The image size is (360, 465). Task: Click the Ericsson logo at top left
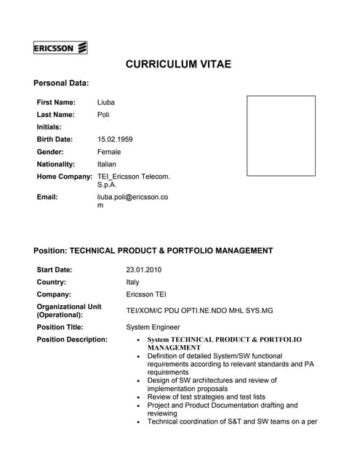point(60,49)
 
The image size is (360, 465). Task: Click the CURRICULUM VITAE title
point(178,65)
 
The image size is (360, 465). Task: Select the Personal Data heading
point(61,84)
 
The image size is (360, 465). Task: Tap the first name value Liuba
point(106,102)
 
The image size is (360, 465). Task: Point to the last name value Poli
point(104,115)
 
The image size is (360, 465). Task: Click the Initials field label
point(49,127)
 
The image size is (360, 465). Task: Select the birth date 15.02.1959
point(115,139)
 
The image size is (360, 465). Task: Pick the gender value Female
point(109,152)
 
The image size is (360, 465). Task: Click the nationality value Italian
point(107,164)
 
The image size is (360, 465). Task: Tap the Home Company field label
point(65,177)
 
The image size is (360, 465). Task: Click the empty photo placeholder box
point(281,136)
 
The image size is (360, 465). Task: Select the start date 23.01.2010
point(143,270)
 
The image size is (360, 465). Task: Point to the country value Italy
point(132,283)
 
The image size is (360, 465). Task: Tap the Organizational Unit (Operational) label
point(69,311)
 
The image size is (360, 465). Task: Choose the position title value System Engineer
point(153,328)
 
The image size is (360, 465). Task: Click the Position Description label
point(72,339)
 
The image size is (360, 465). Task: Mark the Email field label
point(47,196)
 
